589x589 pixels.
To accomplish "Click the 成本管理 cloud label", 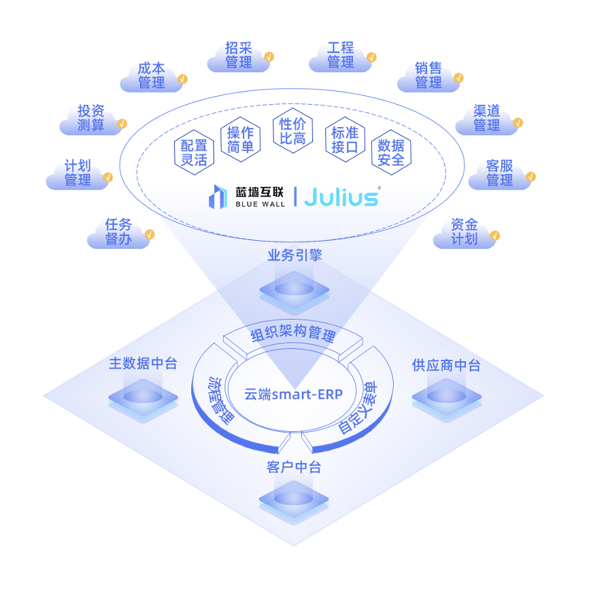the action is coord(152,76).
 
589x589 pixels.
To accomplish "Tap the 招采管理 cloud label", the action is coord(239,56).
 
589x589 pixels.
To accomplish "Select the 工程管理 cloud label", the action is coord(341,56).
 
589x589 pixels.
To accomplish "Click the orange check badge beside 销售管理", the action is coord(458,78).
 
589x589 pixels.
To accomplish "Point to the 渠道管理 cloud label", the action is coord(487,119).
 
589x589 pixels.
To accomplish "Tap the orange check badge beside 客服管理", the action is coord(531,177).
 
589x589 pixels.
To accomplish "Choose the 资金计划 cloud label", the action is coord(465,232).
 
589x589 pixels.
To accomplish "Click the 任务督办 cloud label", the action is coord(118,232).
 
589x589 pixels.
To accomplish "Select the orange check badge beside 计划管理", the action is coord(108,177).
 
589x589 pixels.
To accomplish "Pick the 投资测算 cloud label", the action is coord(91,119).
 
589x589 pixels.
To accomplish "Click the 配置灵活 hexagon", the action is coord(195,152).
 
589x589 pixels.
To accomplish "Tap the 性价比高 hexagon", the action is coord(292,131).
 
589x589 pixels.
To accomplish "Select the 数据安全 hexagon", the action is coord(391,152).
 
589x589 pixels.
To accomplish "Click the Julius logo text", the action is coord(341,197).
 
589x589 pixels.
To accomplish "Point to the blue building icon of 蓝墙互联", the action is coord(218,197).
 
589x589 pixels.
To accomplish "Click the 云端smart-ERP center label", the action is coord(293,394).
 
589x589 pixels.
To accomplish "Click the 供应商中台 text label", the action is coord(446,365).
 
